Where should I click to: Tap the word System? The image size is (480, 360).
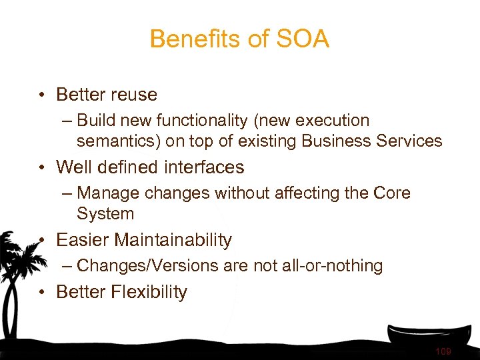(x=105, y=214)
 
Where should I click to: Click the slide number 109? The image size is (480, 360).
(x=443, y=351)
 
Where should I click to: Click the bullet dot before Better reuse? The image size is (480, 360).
(x=42, y=95)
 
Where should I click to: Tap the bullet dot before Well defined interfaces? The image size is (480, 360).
(x=42, y=167)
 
